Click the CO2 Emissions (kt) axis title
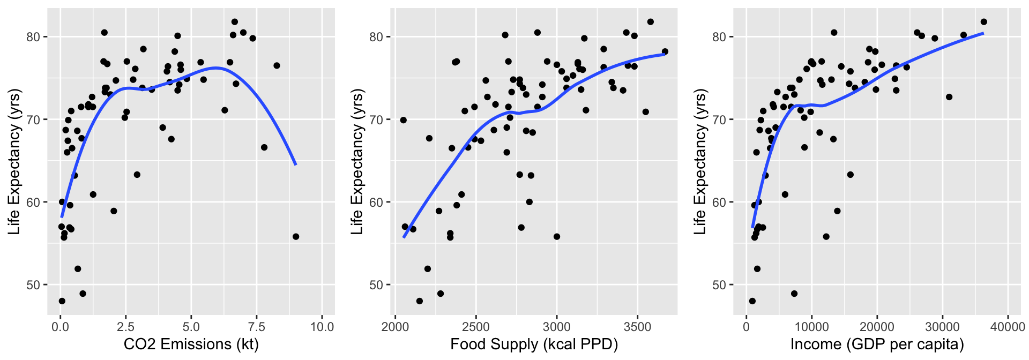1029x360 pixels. coord(191,344)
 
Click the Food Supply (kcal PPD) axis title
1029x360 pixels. coord(534,344)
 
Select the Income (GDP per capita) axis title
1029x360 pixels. coord(877,344)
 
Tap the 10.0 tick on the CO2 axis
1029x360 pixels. coord(322,327)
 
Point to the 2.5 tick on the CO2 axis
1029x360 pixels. coord(126,327)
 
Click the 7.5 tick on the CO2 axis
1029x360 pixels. coord(256,327)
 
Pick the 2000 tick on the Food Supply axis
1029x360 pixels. coord(395,327)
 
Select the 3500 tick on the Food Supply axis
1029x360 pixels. coord(638,327)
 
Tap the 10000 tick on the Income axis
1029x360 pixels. coord(811,327)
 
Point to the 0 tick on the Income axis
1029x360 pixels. coord(746,327)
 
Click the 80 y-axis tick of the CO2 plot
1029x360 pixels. coord(34,37)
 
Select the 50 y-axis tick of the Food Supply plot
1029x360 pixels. coord(377,285)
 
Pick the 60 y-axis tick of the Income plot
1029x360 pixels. coord(720,202)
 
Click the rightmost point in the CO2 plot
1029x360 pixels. coord(296,236)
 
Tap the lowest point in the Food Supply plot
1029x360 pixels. coord(419,301)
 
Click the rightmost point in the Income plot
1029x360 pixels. coord(984,22)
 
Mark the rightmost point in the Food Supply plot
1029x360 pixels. coord(665,51)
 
